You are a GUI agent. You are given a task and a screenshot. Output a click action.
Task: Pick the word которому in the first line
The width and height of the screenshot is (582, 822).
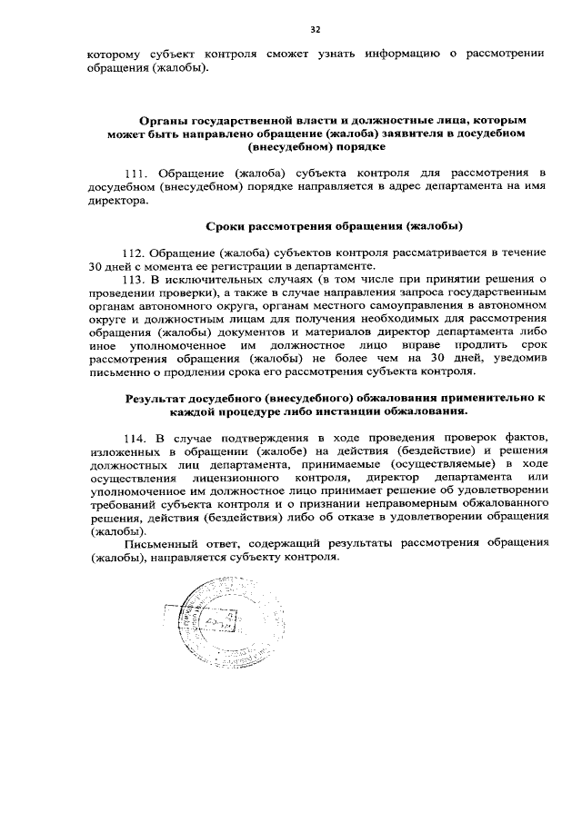point(113,54)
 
